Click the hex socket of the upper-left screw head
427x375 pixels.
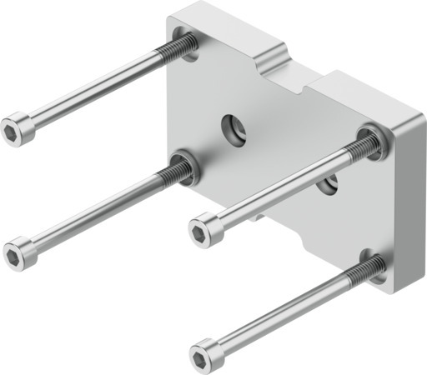tap(12, 131)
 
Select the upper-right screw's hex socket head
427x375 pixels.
tap(199, 225)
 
